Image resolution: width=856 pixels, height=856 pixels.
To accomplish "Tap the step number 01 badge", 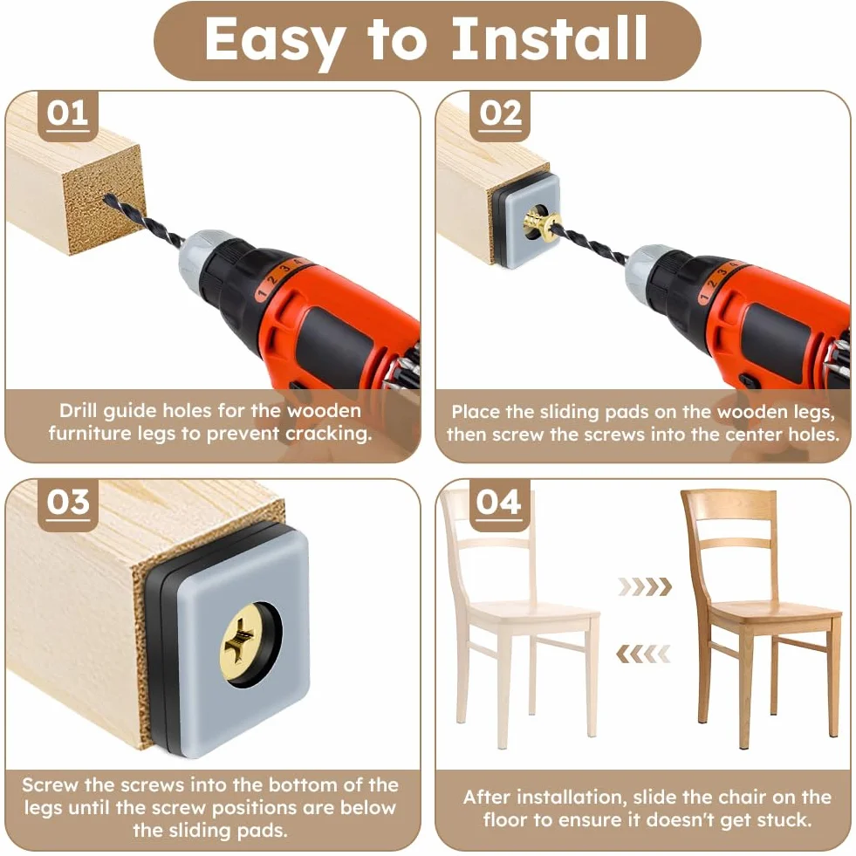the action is pos(68,116).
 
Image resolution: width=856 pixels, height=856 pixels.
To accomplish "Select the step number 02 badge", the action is pos(500,116).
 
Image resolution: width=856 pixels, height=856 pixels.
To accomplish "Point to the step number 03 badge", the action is pos(68,504).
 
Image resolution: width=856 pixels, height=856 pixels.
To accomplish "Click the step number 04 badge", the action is pos(498,504).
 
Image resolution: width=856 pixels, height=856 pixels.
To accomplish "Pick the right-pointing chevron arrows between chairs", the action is pos(645,586).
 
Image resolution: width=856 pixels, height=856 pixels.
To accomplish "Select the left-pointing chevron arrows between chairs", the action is pos(642,654).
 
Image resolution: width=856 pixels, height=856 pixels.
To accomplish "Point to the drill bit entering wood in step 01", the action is pos(142,222).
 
